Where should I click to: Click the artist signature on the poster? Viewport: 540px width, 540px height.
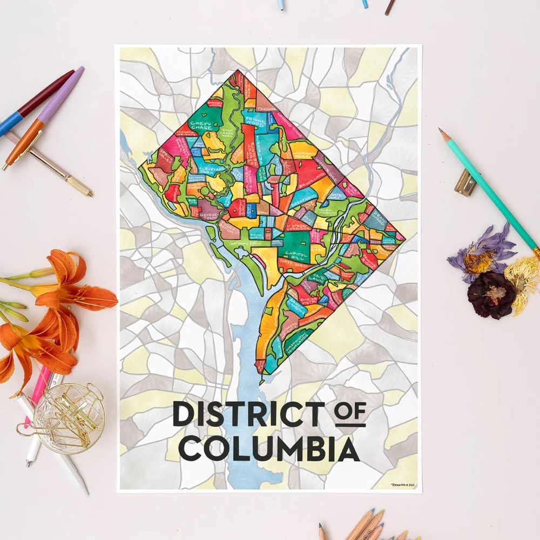403,484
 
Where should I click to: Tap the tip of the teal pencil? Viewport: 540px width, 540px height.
441,131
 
